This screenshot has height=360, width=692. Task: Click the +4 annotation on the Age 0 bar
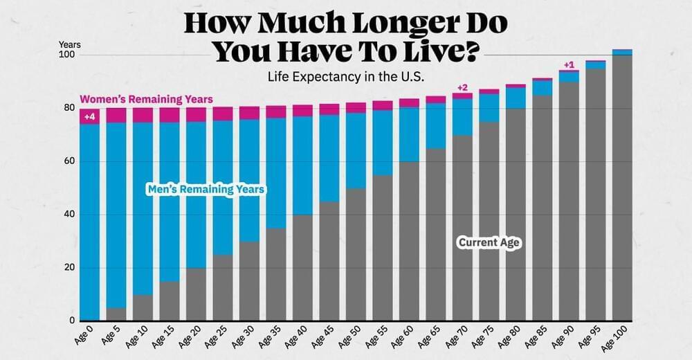tap(89, 117)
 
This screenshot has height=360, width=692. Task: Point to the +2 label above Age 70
tap(462, 87)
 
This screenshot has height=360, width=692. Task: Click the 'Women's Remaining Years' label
tap(146, 100)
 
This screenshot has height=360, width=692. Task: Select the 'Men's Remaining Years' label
tap(206, 188)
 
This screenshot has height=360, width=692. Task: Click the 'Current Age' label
tap(489, 242)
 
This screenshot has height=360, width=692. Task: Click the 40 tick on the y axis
tap(70, 215)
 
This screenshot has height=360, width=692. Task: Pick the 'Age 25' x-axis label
tap(214, 340)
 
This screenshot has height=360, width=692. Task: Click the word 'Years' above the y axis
tap(69, 44)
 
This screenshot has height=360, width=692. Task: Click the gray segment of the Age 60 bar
tap(409, 242)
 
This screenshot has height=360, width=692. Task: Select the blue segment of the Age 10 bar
tap(143, 208)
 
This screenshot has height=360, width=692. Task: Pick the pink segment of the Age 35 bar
tap(276, 111)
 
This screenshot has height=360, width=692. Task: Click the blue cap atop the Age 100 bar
tap(622, 52)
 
